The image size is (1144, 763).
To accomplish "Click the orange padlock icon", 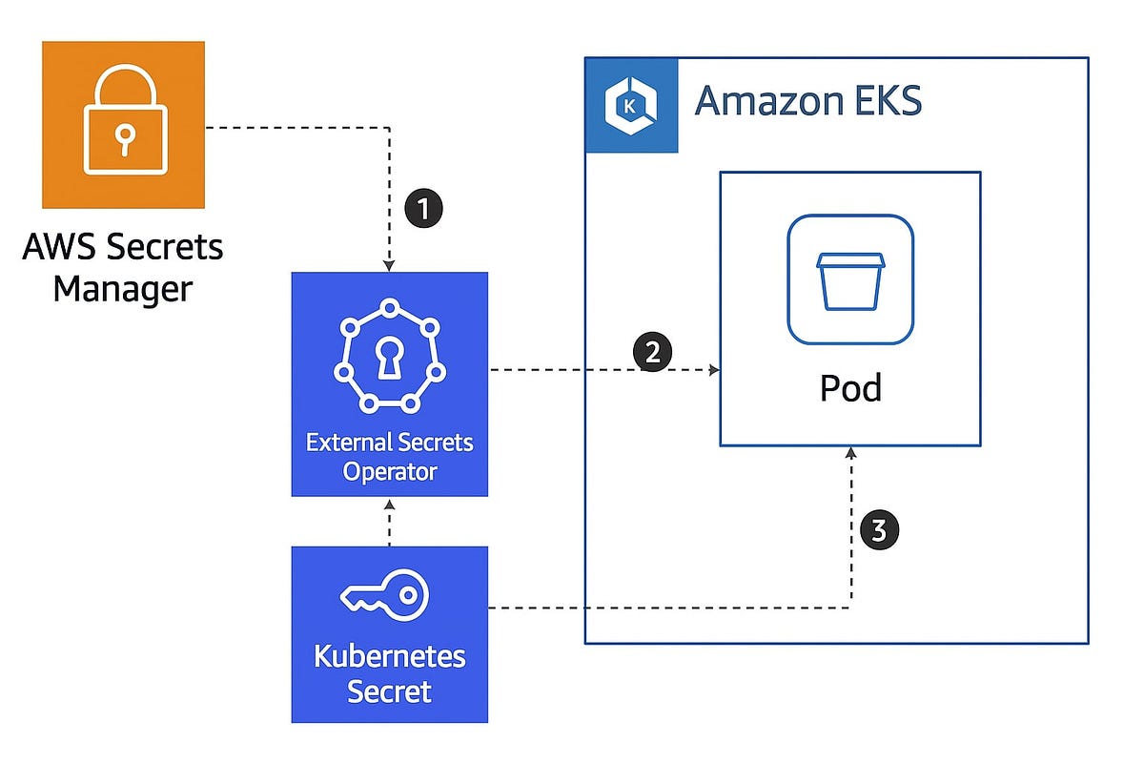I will tap(123, 124).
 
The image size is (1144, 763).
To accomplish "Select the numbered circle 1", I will tap(424, 208).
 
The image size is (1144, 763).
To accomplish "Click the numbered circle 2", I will tap(653, 353).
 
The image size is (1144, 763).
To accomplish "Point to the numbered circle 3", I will tap(879, 529).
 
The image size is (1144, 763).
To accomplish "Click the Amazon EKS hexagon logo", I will tap(631, 105).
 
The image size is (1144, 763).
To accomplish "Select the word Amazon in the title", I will tap(758, 100).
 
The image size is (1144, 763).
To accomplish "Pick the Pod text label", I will tap(850, 388).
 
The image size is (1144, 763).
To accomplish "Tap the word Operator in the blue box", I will tap(390, 471).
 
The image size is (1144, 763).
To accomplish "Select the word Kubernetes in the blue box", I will tap(389, 656).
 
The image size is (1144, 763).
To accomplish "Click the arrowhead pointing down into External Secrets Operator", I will tap(390, 264).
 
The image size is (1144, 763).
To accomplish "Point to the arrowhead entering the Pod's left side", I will tap(713, 370).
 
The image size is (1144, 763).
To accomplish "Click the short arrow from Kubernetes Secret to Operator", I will tap(390, 522).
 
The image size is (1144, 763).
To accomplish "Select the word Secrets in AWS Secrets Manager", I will tap(166, 247).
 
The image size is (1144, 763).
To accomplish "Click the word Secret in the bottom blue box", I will tap(389, 691).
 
